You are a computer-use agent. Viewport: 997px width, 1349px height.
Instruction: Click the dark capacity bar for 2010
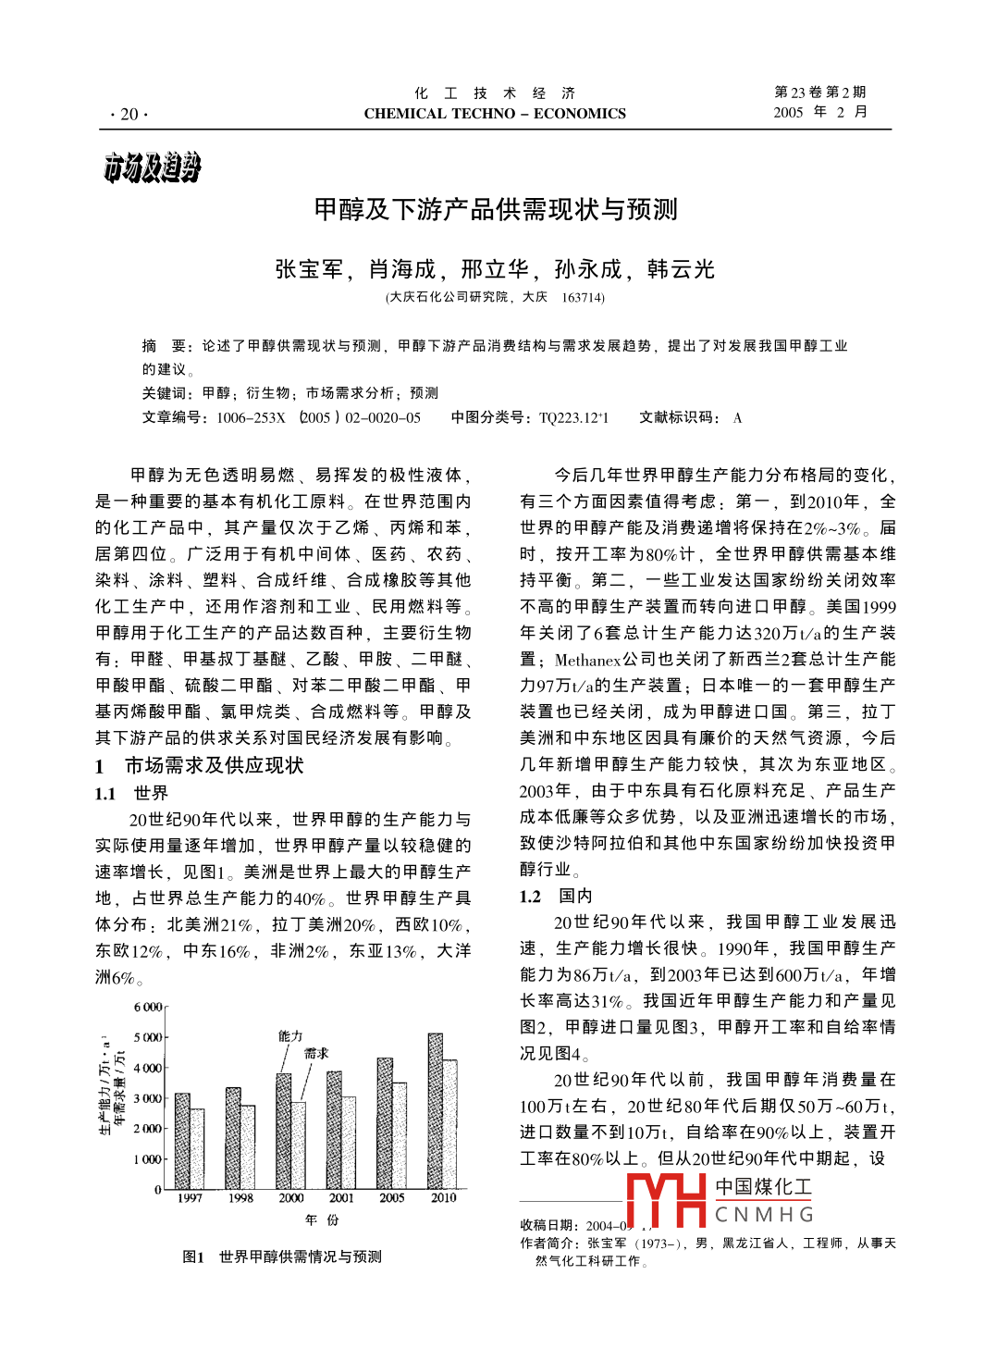[x=435, y=1110]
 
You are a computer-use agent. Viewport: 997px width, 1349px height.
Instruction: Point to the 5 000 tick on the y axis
[x=147, y=1037]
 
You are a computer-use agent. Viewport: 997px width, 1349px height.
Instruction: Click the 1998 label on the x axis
[x=240, y=1198]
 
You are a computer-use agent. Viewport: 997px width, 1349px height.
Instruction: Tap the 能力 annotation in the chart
[x=290, y=1036]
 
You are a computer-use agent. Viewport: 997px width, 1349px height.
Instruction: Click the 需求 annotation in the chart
[x=316, y=1053]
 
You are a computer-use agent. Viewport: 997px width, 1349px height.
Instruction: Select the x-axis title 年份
[x=321, y=1220]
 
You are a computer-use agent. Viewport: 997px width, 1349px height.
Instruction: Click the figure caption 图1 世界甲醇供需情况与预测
[x=282, y=1256]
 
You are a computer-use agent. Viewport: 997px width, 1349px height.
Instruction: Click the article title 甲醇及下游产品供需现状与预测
[x=496, y=209]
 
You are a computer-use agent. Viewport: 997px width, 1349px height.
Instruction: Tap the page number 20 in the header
[x=129, y=114]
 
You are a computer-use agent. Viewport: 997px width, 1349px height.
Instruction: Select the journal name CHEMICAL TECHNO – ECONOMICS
[x=495, y=114]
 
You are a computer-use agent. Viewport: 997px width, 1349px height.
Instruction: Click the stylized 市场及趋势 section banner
[x=152, y=167]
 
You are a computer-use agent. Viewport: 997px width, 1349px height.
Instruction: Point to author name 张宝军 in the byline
[x=308, y=269]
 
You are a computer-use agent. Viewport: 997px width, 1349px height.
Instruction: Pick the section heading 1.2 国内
[x=556, y=896]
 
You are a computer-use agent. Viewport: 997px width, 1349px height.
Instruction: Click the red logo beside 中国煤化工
[x=666, y=1200]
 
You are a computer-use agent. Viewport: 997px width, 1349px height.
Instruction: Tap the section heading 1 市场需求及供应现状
[x=199, y=765]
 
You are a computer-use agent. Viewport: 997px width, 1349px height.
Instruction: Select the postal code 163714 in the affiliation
[x=583, y=298]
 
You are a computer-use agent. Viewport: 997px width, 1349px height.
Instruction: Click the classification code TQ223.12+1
[x=573, y=417]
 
